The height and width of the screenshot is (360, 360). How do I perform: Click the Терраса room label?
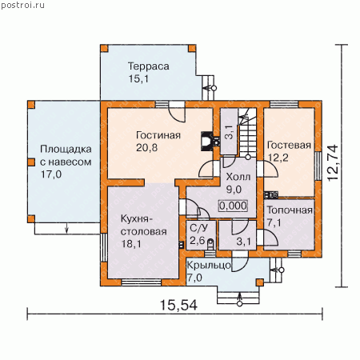[149, 66]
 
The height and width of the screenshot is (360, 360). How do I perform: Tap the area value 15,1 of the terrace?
[138, 78]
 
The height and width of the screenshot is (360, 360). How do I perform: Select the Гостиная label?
[158, 135]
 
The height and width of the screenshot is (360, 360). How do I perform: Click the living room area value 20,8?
[146, 147]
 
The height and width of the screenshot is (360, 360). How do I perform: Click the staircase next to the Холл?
[247, 132]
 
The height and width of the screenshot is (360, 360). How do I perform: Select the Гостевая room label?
[289, 145]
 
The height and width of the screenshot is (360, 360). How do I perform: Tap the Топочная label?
[290, 210]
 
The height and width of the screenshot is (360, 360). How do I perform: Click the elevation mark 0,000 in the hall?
[233, 206]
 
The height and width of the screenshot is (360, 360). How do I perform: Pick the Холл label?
[238, 177]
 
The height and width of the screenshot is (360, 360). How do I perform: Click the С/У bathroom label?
[198, 228]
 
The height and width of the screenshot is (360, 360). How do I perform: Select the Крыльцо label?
[209, 266]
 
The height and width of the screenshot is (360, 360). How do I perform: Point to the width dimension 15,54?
[178, 305]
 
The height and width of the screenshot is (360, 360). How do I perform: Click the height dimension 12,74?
[333, 163]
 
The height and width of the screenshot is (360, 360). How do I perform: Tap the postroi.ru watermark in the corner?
[22, 6]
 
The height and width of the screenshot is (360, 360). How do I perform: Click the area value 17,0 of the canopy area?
[51, 174]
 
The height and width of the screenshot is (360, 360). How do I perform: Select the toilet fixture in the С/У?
[210, 244]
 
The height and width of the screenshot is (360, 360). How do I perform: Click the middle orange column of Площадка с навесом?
[31, 162]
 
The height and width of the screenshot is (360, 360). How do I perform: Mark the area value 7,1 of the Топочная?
[274, 223]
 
